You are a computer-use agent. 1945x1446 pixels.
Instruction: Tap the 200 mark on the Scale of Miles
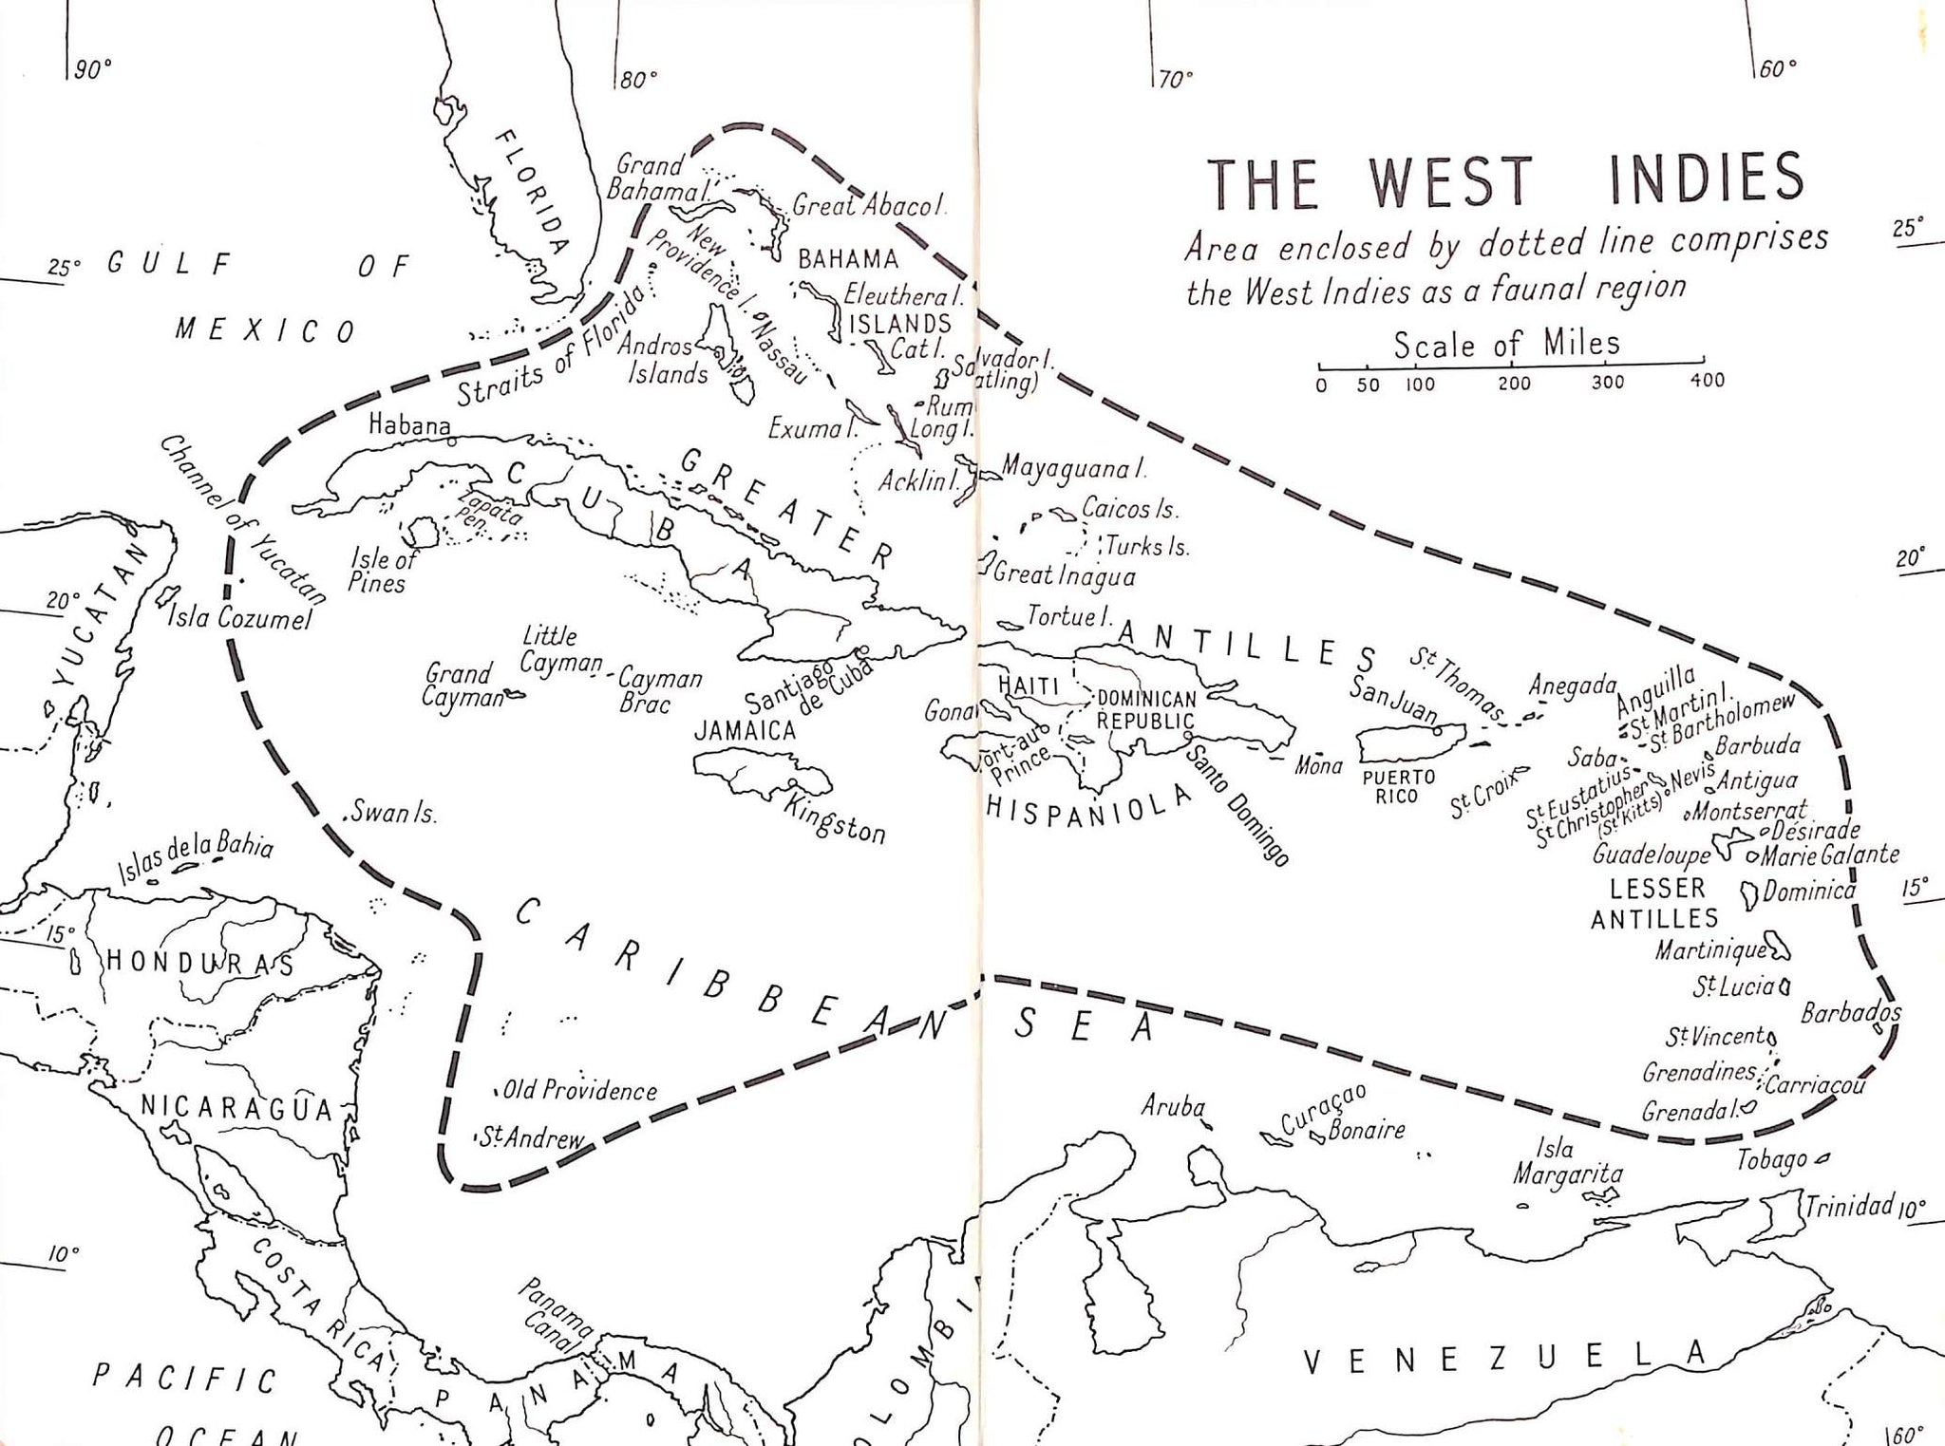(x=1514, y=383)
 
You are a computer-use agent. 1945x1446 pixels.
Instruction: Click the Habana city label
(x=409, y=425)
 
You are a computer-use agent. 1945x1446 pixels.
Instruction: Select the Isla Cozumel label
(x=239, y=619)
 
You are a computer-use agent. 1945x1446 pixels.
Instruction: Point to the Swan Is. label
(x=393, y=814)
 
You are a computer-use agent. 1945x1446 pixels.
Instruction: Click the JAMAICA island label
(x=746, y=730)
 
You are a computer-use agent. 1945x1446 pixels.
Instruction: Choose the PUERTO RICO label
(x=1397, y=786)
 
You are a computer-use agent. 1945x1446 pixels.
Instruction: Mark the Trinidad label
(x=1849, y=1206)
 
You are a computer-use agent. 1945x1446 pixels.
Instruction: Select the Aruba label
(x=1173, y=1106)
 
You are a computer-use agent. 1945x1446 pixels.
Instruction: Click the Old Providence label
(x=579, y=1091)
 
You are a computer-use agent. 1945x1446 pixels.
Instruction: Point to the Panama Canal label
(x=556, y=1316)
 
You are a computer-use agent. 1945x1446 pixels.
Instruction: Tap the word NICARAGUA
(x=236, y=1108)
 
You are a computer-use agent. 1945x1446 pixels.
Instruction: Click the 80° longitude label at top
(x=637, y=80)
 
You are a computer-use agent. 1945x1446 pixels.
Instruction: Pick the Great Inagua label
(x=1064, y=575)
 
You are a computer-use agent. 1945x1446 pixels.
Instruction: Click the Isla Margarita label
(x=1567, y=1162)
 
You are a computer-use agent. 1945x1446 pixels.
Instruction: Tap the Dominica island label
(x=1808, y=892)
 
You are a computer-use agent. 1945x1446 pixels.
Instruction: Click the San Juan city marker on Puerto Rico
(x=1437, y=730)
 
